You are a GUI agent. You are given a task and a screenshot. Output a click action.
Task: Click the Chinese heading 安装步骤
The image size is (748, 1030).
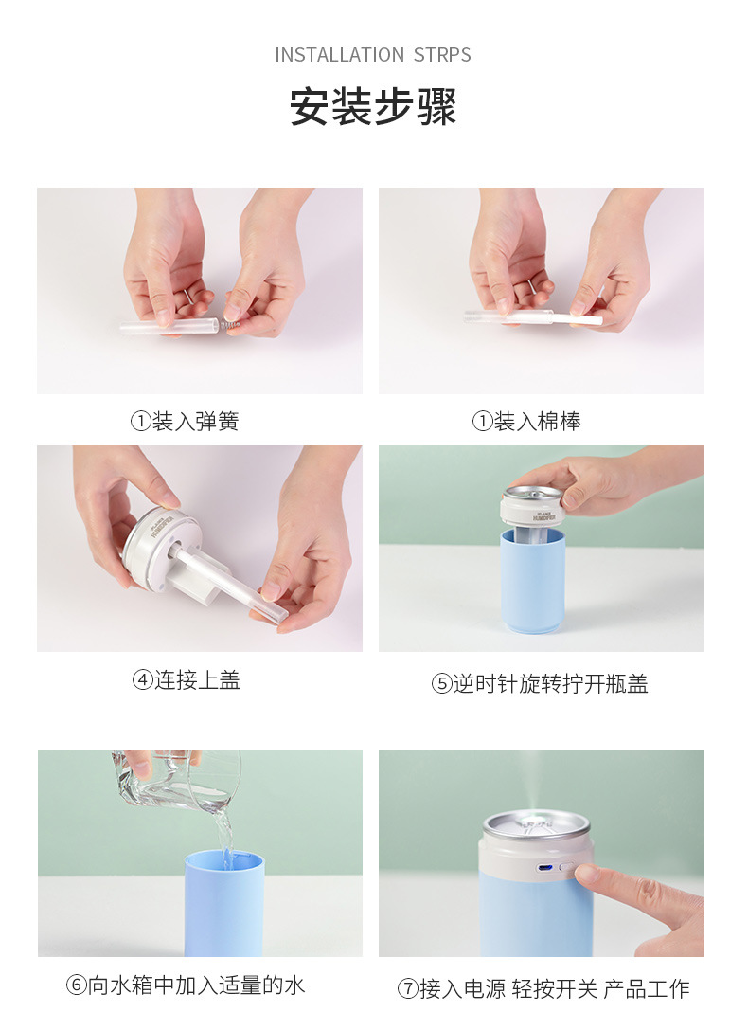(x=373, y=107)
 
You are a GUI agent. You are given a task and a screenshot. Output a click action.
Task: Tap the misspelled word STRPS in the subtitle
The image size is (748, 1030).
(x=442, y=55)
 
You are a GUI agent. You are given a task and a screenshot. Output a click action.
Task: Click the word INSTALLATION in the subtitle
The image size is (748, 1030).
(x=339, y=55)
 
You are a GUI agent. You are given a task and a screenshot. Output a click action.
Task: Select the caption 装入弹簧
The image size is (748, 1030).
(x=195, y=422)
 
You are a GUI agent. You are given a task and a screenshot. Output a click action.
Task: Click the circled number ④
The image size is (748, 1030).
(x=142, y=680)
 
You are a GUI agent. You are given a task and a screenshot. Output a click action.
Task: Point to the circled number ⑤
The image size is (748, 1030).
(x=441, y=684)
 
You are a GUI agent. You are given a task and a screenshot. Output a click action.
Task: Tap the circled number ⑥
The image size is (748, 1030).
(x=77, y=985)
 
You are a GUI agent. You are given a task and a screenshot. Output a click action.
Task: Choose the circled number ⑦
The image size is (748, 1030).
(x=407, y=989)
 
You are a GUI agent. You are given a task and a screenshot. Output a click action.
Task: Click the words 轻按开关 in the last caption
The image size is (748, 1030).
(x=555, y=989)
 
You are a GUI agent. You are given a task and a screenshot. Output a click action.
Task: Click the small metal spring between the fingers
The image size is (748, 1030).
(x=231, y=324)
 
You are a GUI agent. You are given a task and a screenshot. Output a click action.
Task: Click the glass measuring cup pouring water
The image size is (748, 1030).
(x=180, y=779)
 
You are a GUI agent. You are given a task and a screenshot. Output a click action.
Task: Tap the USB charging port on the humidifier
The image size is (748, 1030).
(x=543, y=868)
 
